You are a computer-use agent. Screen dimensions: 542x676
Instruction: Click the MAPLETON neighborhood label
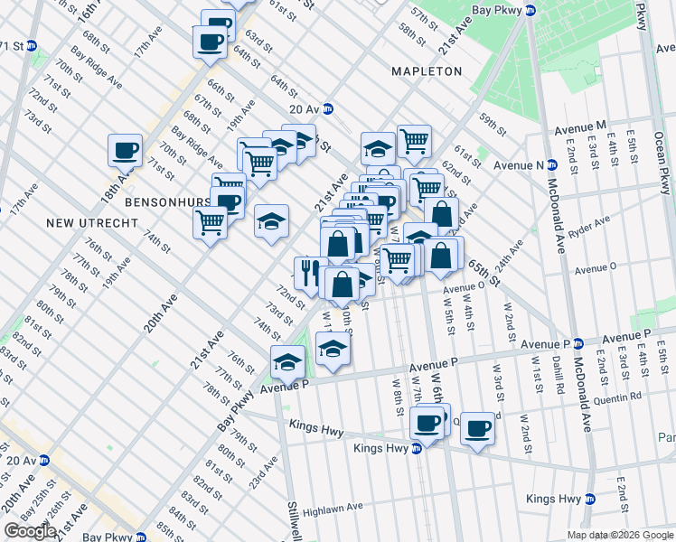pos(427,71)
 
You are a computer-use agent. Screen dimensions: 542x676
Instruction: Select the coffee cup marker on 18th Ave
pos(125,150)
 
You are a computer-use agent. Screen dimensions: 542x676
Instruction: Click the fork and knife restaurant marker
pos(309,273)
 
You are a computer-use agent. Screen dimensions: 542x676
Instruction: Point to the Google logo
pos(30,531)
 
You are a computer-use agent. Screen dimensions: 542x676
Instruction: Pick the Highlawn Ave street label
pos(333,508)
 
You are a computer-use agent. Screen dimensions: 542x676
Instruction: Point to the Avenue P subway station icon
pos(579,344)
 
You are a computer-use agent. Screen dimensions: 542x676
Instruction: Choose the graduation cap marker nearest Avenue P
pos(288,362)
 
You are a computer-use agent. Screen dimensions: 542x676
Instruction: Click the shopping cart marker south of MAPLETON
pos(413,141)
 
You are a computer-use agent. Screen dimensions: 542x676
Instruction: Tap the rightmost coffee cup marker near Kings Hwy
pos(478,428)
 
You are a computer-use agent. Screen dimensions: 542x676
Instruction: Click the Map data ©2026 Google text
pos(619,534)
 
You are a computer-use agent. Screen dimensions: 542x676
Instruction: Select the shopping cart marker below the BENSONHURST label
pos(211,220)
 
